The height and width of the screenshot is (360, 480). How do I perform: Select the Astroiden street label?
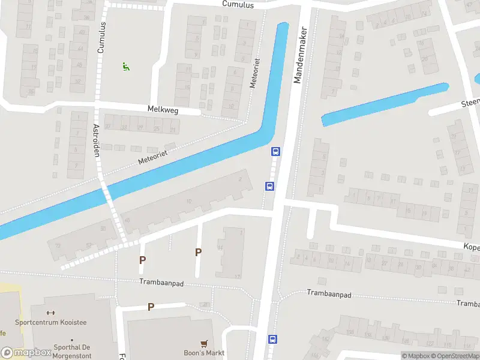click(x=95, y=140)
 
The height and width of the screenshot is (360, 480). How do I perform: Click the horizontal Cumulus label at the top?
click(x=238, y=5)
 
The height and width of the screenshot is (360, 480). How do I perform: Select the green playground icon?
click(x=126, y=67)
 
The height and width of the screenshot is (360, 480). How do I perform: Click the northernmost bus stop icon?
click(x=275, y=152)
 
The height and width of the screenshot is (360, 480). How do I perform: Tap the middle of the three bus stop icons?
click(x=269, y=186)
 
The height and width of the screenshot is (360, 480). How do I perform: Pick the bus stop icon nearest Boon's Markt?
click(x=272, y=339)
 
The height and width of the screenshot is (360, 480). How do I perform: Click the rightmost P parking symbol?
click(x=198, y=253)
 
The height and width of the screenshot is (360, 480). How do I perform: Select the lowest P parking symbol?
click(x=151, y=307)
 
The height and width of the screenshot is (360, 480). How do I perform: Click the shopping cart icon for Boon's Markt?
click(x=205, y=343)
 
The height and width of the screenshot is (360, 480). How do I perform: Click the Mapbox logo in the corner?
click(x=27, y=352)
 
